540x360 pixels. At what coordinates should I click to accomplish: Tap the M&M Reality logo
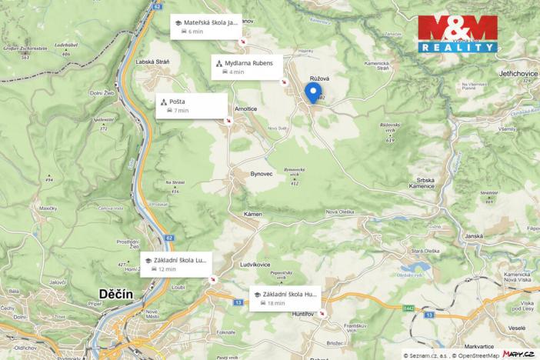click(x=457, y=35)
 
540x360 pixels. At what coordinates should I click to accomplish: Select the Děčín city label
click(x=116, y=293)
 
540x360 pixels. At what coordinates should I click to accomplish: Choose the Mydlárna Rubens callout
click(x=247, y=67)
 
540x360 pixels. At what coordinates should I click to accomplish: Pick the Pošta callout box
click(x=191, y=105)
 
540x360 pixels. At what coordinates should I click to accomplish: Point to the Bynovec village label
click(x=262, y=174)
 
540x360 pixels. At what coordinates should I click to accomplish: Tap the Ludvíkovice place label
click(x=258, y=264)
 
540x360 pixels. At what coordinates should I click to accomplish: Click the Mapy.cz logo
click(x=519, y=354)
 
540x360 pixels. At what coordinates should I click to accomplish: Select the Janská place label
click(x=473, y=236)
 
